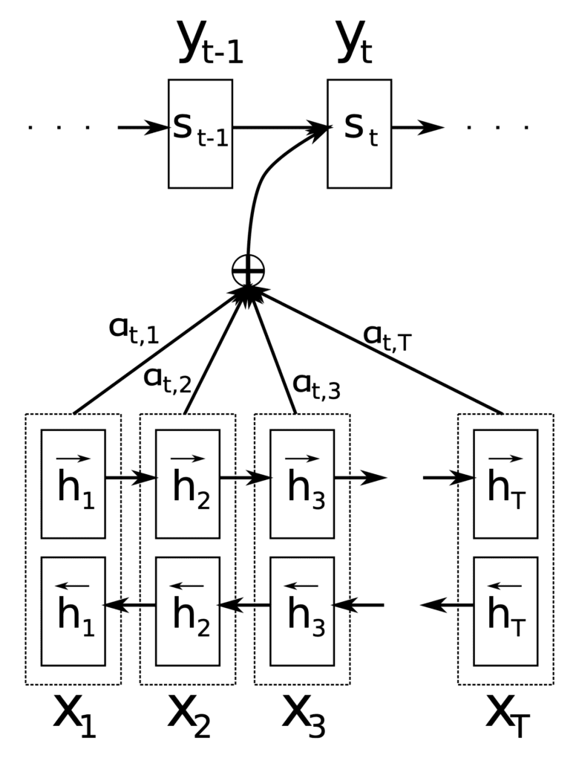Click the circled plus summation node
248,271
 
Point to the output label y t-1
211,42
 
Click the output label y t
355,42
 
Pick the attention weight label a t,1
134,331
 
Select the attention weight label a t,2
168,380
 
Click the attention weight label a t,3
317,386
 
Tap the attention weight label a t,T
387,337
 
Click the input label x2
189,716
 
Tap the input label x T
507,716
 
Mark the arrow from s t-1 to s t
281,128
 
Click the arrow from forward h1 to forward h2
131,478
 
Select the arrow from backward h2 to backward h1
129,605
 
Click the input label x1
75,716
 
